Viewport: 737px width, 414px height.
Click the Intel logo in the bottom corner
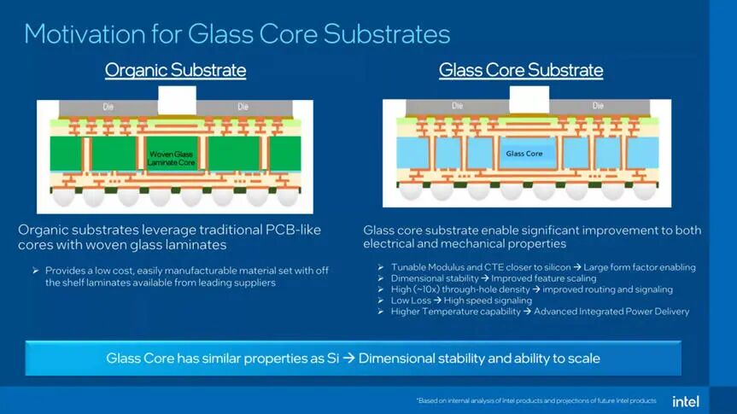tap(685, 400)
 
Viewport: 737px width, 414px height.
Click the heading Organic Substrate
tap(175, 70)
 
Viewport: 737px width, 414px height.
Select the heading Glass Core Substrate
tap(520, 70)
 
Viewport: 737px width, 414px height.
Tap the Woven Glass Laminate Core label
tap(172, 158)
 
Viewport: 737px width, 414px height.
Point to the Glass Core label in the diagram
tap(524, 154)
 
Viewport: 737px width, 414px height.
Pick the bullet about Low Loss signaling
tap(461, 300)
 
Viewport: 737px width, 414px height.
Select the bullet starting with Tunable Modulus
tap(543, 267)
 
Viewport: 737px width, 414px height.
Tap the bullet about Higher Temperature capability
tap(540, 312)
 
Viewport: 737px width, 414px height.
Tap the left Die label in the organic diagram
tap(108, 108)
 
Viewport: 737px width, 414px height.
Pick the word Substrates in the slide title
tap(388, 34)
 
